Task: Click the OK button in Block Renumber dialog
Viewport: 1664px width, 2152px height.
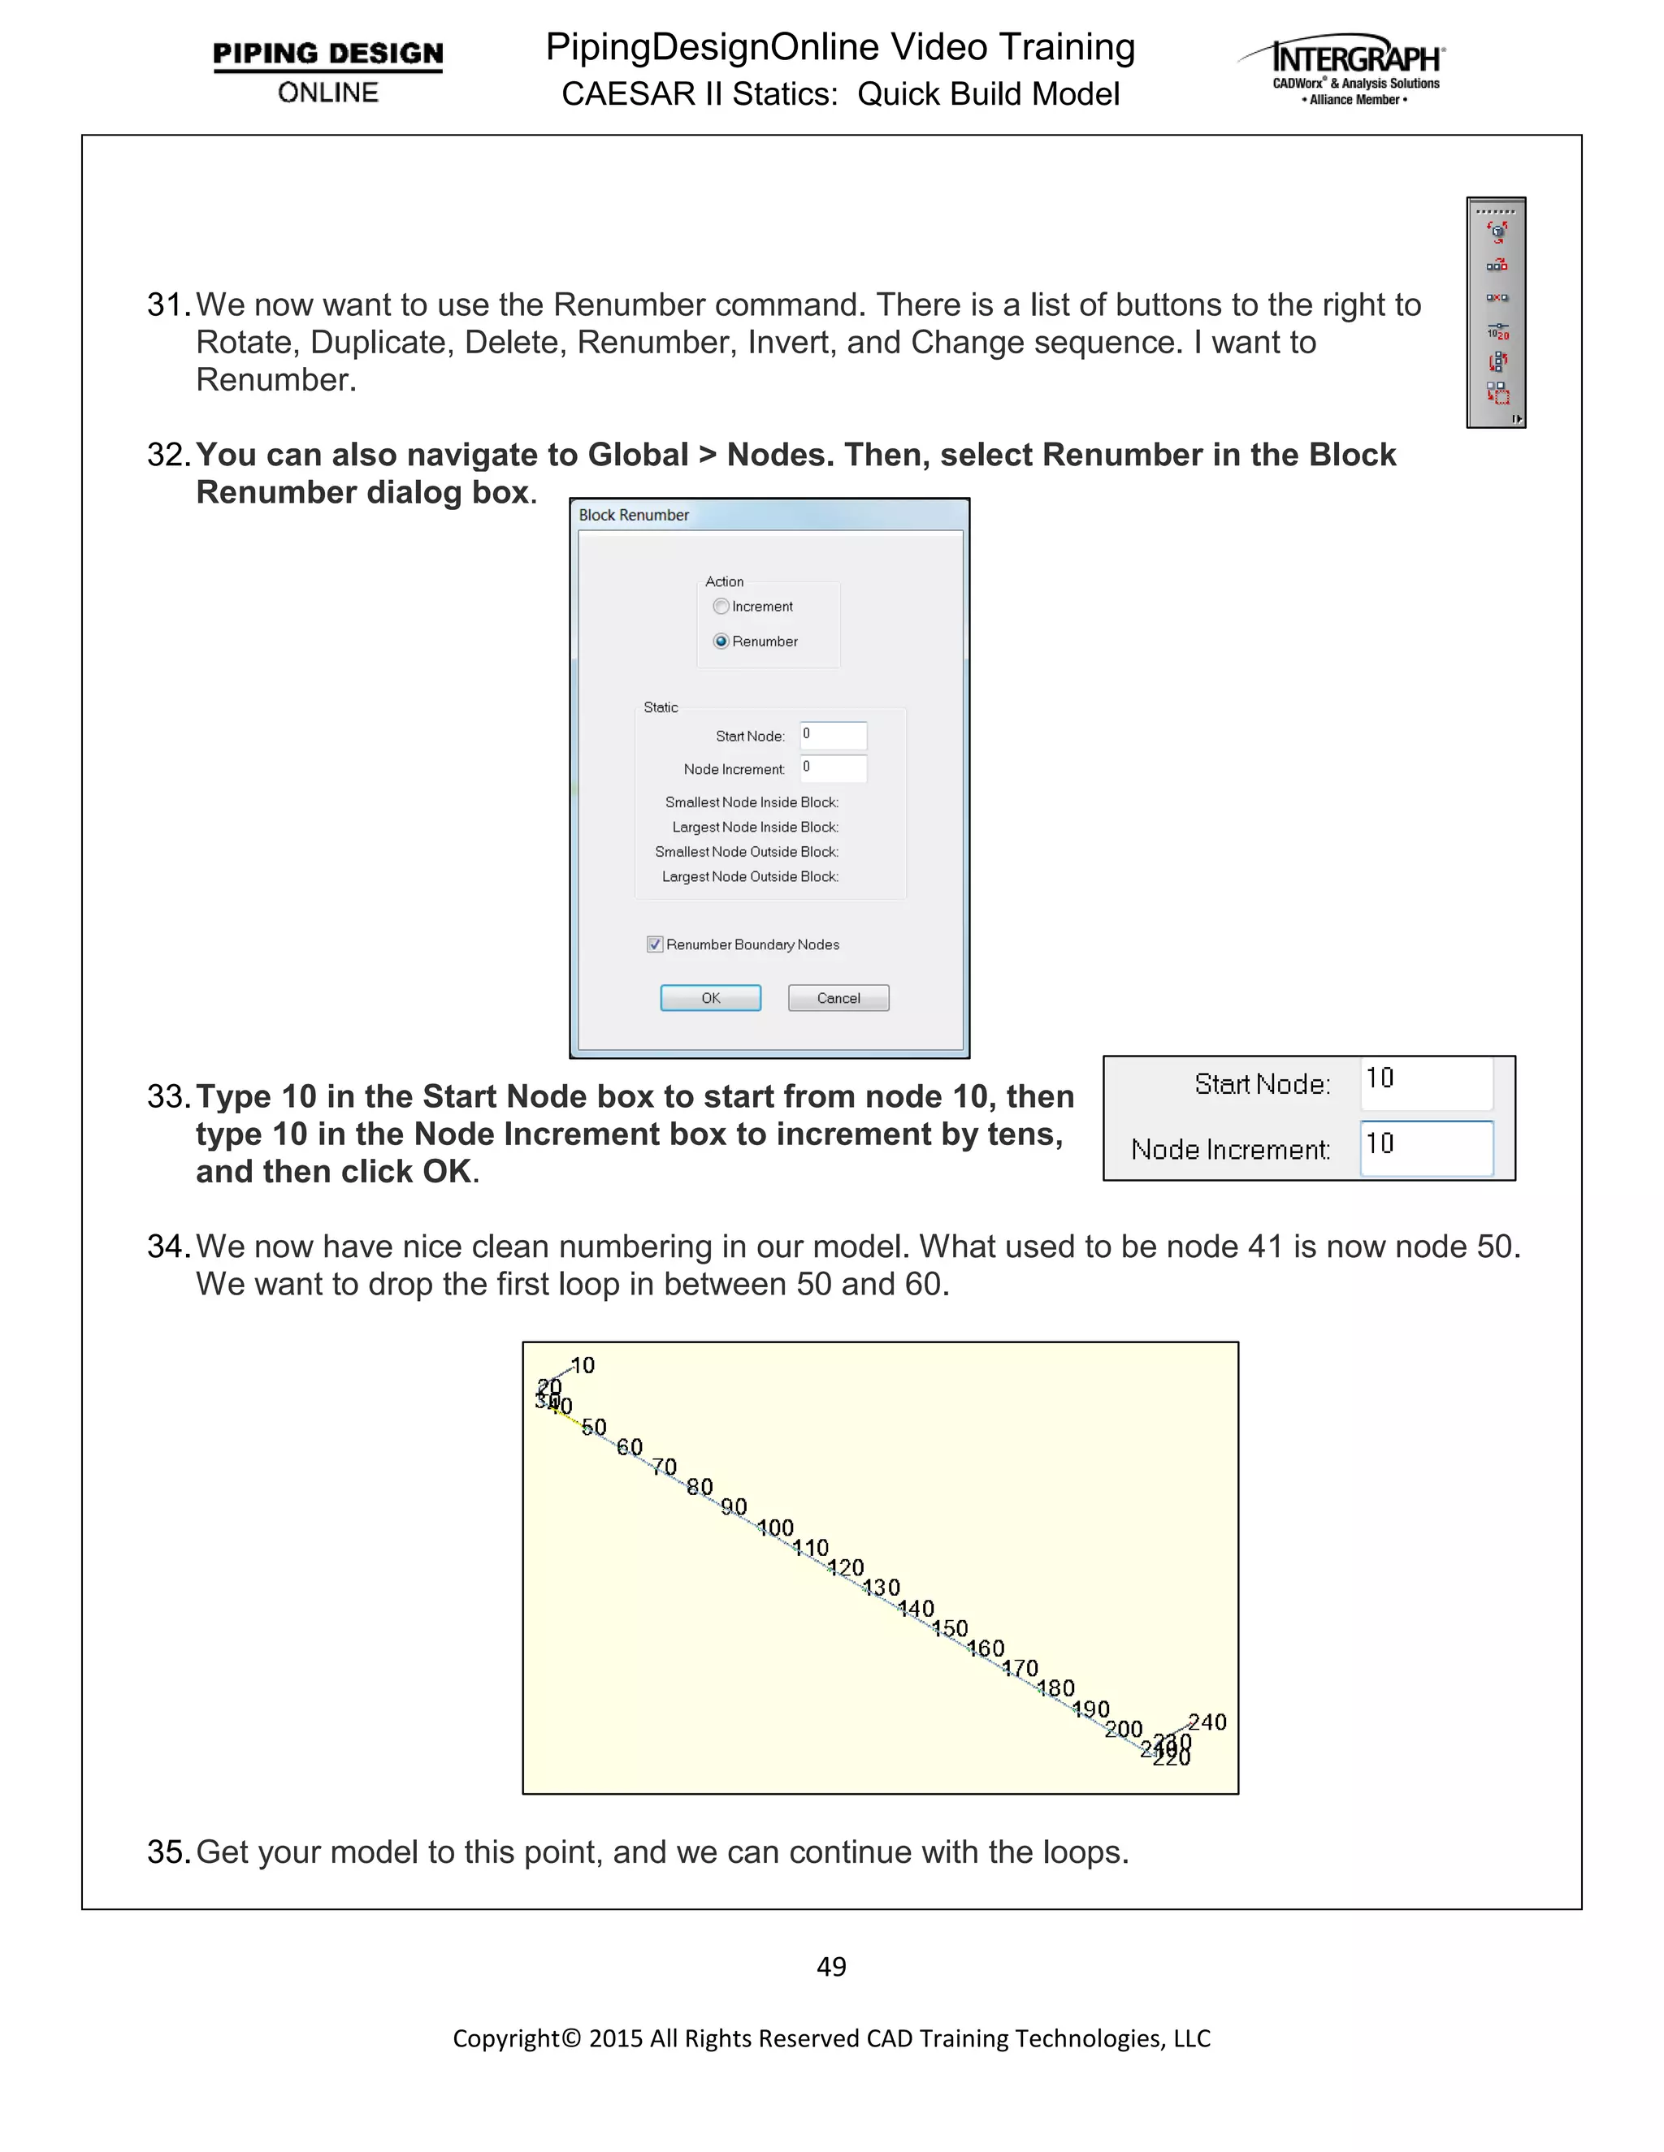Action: (x=710, y=998)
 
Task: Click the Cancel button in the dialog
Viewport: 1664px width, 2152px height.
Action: (x=838, y=998)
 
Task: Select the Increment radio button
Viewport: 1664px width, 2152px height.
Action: (x=721, y=606)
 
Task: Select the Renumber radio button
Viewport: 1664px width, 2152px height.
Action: (x=721, y=642)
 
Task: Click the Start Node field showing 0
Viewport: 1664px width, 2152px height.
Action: (x=833, y=735)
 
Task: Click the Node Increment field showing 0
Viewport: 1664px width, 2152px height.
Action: (x=833, y=767)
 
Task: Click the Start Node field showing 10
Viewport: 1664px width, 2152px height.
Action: (x=1425, y=1082)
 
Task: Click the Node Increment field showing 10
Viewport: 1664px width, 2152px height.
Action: (x=1425, y=1147)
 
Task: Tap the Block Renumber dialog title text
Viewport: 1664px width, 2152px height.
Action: (x=634, y=516)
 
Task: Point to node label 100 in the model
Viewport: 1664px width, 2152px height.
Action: (x=776, y=1528)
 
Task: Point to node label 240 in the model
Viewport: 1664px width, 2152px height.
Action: (x=1207, y=1722)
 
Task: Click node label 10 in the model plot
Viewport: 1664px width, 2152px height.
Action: (x=583, y=1366)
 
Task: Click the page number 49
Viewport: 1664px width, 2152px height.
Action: (x=831, y=1967)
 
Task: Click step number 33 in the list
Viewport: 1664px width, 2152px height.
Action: (x=167, y=1096)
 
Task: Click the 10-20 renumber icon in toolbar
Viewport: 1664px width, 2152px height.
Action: (x=1497, y=331)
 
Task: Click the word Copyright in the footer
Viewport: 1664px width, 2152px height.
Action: (x=505, y=2037)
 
